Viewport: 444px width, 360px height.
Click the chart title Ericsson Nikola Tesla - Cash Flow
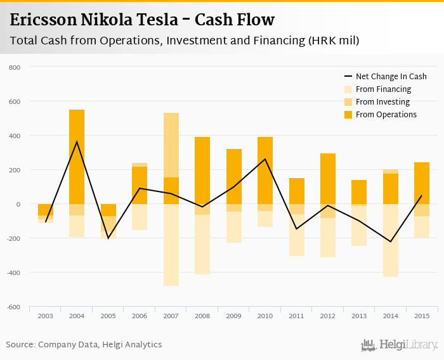tap(143, 20)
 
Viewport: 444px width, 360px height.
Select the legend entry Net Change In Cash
tap(391, 77)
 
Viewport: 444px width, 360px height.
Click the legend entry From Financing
tap(383, 89)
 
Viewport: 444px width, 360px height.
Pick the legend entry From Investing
tap(382, 102)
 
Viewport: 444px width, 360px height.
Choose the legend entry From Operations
tap(386, 115)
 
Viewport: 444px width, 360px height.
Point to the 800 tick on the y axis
tap(15, 67)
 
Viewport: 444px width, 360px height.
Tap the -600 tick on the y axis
tap(13, 307)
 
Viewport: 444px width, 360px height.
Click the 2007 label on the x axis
tap(171, 316)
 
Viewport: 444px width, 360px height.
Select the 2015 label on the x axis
tap(422, 316)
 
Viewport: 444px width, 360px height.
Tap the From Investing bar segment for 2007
tap(171, 145)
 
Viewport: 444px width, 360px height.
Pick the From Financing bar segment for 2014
tap(391, 240)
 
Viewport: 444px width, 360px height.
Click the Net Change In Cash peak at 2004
tap(77, 142)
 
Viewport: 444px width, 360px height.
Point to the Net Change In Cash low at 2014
tap(391, 241)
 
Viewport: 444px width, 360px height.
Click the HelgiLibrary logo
tap(400, 345)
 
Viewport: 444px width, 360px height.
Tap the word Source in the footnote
tap(20, 345)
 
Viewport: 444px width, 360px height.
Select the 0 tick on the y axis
tap(18, 204)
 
